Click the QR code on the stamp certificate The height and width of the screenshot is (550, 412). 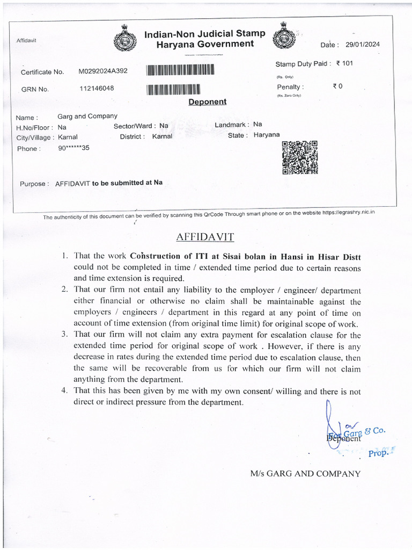click(299, 157)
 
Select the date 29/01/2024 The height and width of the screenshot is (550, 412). click(363, 45)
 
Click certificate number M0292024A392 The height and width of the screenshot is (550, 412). click(103, 71)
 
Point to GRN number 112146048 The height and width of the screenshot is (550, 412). click(97, 89)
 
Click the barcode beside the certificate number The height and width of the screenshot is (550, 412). click(180, 70)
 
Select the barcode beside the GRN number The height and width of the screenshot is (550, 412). click(173, 89)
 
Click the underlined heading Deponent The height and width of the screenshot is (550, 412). click(207, 102)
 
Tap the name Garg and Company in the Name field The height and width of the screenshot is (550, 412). click(87, 116)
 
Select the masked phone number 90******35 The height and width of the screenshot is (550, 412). click(74, 148)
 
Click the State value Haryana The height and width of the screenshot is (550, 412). click(267, 135)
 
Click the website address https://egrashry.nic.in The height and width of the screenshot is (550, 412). click(348, 213)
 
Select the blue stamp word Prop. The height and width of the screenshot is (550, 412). click(378, 453)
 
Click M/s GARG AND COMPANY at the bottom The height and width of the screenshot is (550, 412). click(305, 473)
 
